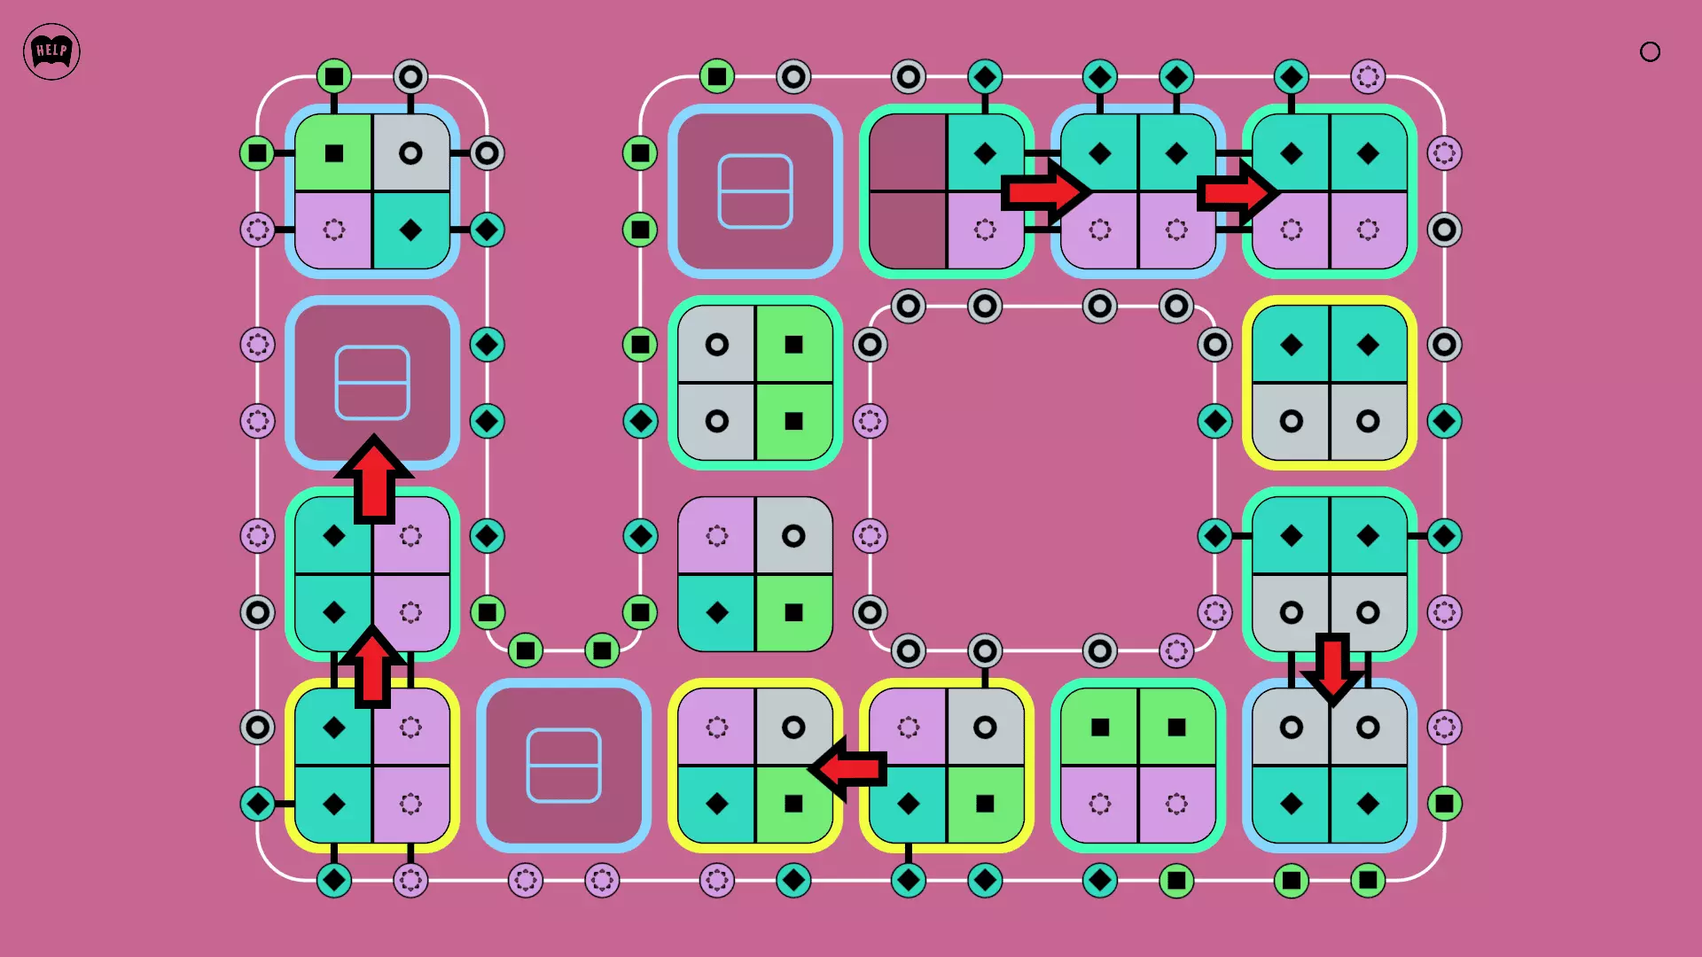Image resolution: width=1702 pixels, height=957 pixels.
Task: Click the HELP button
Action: [51, 51]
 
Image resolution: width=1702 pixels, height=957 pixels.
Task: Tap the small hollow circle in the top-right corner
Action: [1650, 51]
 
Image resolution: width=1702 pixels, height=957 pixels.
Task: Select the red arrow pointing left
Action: [848, 768]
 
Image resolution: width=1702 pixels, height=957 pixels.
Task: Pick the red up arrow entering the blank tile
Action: [374, 478]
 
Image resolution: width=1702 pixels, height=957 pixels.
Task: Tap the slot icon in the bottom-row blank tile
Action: [564, 766]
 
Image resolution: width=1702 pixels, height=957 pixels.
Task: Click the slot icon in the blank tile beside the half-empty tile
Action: [755, 191]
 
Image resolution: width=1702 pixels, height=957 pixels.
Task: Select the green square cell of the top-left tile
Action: [333, 153]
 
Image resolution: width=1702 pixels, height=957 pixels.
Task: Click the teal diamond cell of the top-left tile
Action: [410, 230]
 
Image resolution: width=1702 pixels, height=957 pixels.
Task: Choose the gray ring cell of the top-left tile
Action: [410, 153]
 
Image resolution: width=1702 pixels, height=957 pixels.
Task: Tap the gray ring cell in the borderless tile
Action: [793, 535]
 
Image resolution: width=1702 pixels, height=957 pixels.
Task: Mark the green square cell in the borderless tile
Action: [793, 612]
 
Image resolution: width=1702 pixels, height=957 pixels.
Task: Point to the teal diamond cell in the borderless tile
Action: [716, 612]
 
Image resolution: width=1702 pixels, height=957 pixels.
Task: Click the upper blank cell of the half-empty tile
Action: [908, 152]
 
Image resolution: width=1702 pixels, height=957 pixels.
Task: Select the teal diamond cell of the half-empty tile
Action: [985, 152]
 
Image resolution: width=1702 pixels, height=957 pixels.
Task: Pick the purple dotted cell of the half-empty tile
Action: [985, 230]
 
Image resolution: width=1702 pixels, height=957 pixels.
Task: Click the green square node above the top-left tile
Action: [334, 76]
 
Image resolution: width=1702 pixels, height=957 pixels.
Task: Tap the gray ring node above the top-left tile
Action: [410, 76]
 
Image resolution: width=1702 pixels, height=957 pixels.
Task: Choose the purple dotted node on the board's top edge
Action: [1368, 76]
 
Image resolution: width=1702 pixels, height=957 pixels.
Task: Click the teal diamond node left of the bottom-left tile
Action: [257, 804]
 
